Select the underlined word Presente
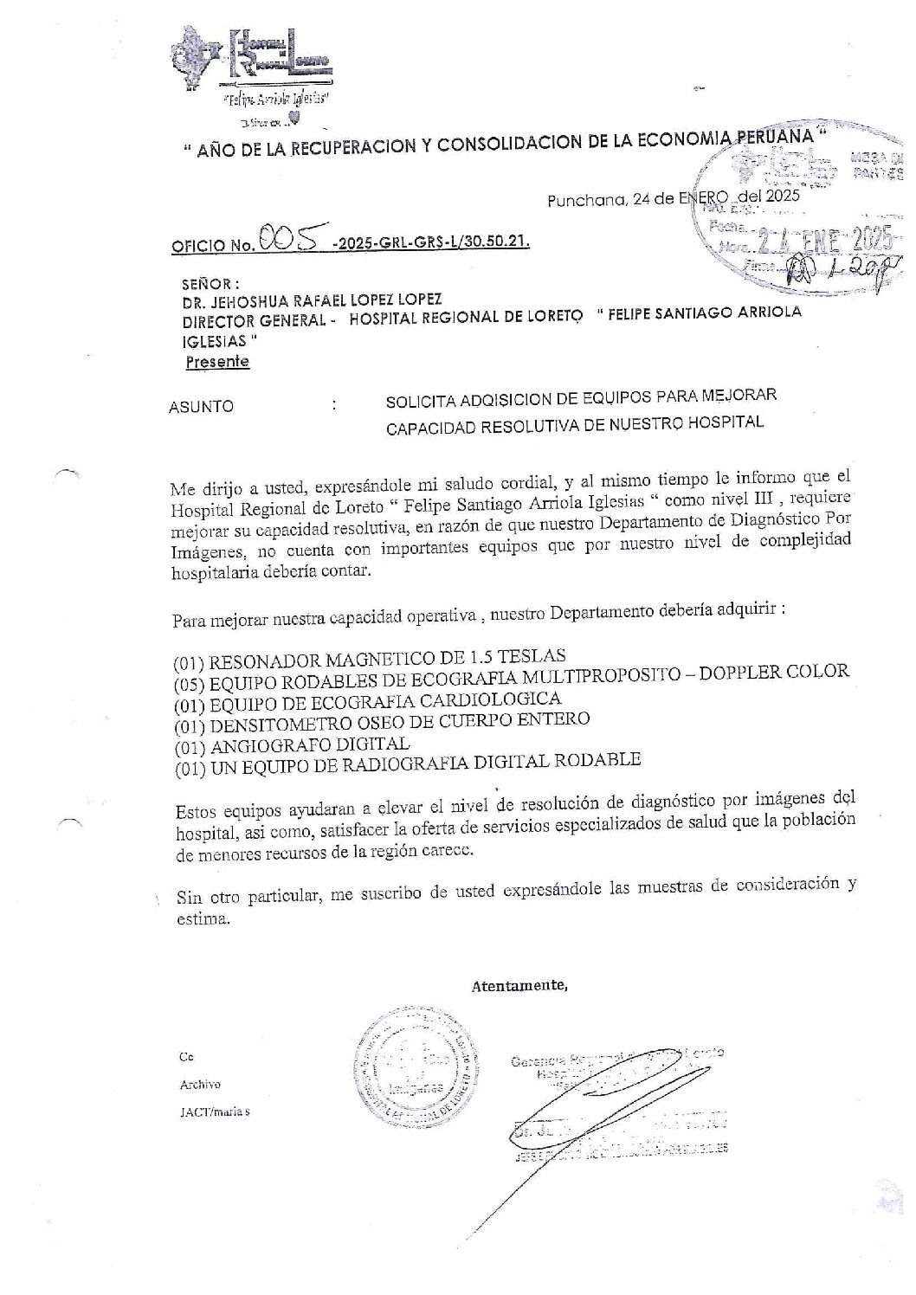click(x=218, y=362)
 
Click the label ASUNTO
click(x=202, y=405)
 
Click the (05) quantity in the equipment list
click(x=188, y=683)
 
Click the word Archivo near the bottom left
click(x=200, y=1085)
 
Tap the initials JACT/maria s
click(x=214, y=1112)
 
